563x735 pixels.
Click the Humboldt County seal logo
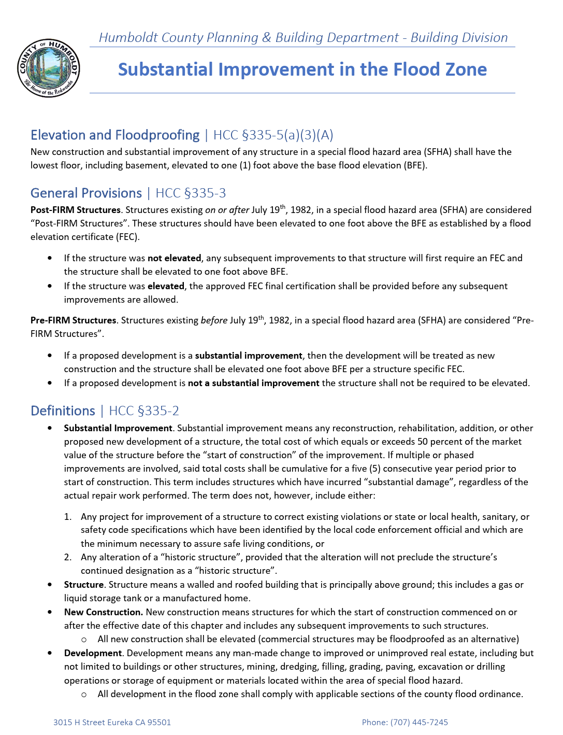coord(49,68)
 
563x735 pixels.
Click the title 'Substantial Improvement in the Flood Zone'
coord(302,69)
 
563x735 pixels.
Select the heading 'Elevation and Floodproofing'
coord(115,135)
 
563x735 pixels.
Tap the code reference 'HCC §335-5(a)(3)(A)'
coord(273,135)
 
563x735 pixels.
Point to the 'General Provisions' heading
coord(86,193)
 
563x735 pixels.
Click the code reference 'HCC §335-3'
coord(191,193)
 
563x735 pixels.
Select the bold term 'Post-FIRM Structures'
coord(75,210)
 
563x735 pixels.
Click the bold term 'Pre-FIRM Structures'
coord(73,320)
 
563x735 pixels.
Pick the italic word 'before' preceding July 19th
coord(214,320)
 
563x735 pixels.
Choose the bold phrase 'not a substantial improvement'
coord(253,383)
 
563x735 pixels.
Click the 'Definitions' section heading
coord(63,411)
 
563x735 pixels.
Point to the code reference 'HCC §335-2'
coord(144,411)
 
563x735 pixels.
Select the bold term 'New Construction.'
coord(103,612)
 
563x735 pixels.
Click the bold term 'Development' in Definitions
coord(93,653)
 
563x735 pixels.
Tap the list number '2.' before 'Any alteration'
coord(68,557)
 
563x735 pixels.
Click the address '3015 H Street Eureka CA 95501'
coord(112,723)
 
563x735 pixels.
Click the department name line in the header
coord(303,38)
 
